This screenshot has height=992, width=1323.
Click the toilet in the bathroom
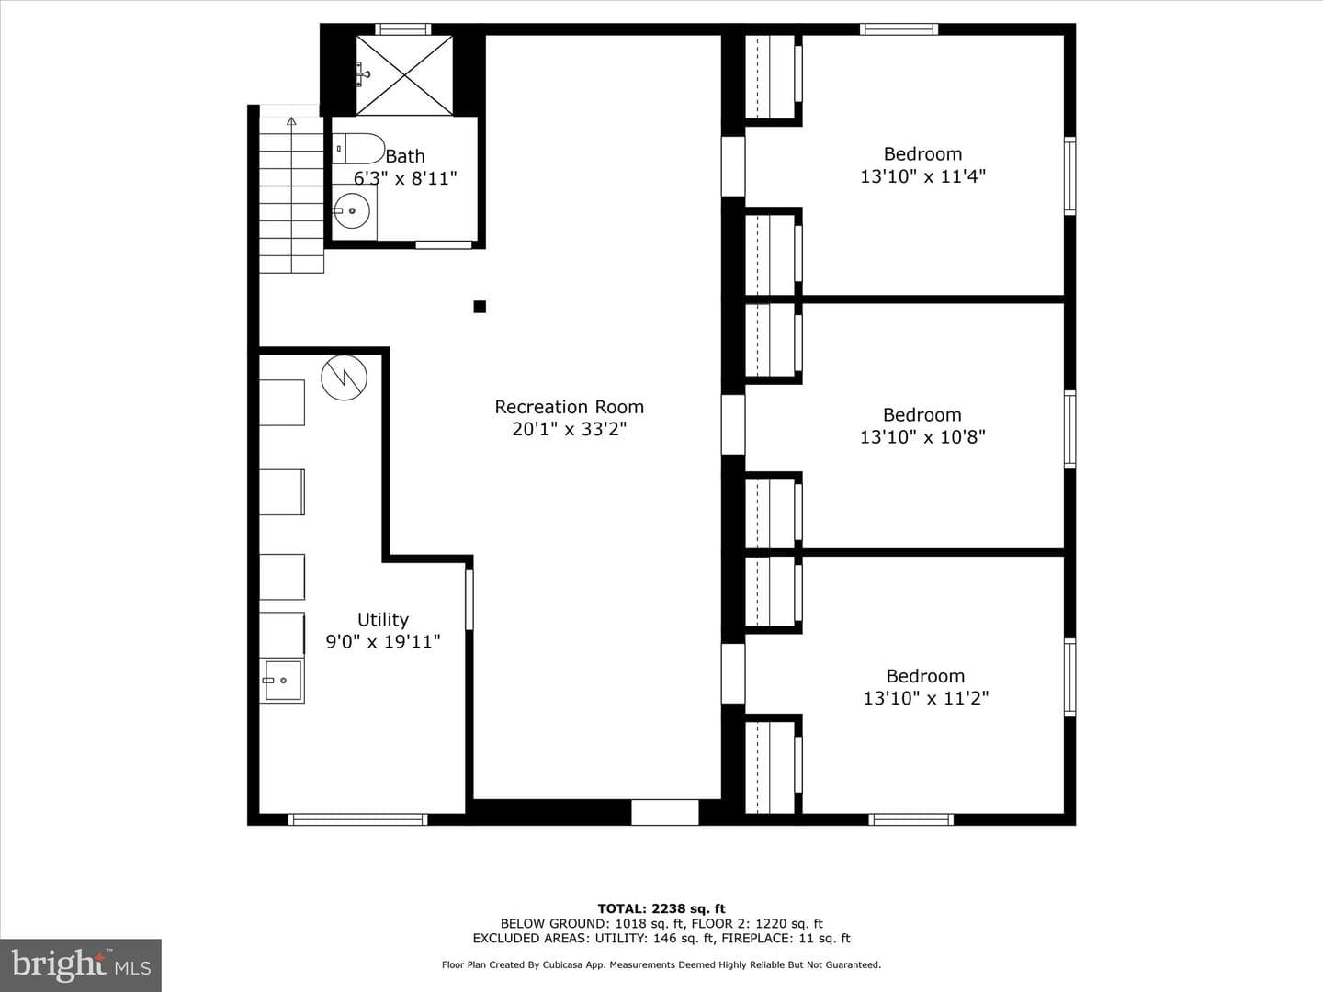358,148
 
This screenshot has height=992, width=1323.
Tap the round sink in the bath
352,211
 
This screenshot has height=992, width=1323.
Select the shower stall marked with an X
404,75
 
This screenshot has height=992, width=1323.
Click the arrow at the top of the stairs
292,121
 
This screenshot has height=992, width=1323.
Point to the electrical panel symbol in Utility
345,378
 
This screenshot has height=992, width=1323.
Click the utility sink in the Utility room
282,681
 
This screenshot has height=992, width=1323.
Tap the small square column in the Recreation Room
480,307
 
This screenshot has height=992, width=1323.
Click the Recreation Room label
569,407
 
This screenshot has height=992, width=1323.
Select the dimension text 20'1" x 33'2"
569,429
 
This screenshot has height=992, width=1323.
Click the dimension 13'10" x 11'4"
922,175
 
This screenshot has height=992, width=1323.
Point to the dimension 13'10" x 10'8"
922,436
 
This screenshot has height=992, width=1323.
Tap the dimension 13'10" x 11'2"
926,697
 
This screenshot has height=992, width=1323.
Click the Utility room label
383,619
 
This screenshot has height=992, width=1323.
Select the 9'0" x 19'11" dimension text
383,641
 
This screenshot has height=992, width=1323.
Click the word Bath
405,156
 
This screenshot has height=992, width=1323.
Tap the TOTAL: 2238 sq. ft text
661,908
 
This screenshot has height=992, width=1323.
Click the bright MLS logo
81,964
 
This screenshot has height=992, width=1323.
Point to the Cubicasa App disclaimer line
661,964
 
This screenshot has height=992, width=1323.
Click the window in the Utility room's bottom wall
357,819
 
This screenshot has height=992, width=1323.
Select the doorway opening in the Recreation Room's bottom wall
665,813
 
